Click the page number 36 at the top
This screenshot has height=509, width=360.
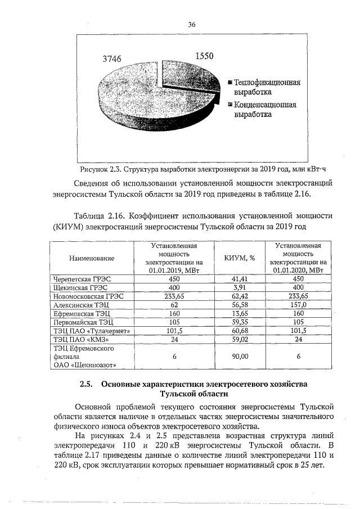[191, 25]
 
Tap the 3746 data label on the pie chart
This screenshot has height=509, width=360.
[111, 58]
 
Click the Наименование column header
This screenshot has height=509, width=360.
[92, 258]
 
